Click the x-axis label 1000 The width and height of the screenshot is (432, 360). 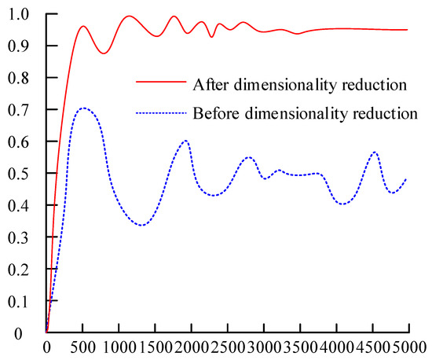118,347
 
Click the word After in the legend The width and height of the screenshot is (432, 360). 207,82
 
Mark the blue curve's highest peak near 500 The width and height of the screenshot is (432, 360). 82,108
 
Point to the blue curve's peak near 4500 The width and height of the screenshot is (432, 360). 375,152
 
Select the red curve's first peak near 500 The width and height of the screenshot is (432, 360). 83,26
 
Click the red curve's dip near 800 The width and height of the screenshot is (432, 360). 104,53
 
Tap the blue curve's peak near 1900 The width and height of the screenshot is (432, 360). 185,141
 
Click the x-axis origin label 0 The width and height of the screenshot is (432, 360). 47,347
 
